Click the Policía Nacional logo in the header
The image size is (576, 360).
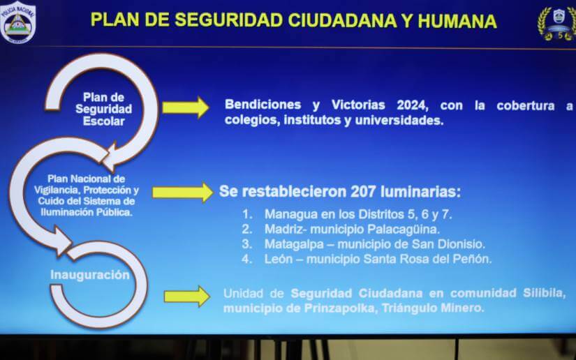[17, 22]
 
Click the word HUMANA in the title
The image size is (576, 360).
[457, 20]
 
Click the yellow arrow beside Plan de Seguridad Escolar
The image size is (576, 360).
[186, 107]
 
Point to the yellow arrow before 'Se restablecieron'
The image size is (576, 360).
[182, 193]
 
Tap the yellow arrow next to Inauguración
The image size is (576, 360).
[187, 296]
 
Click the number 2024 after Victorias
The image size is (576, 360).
[412, 105]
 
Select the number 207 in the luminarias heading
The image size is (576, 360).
[363, 191]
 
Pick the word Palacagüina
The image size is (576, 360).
[404, 230]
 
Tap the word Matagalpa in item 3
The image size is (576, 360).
[294, 244]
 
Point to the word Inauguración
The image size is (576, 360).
[90, 275]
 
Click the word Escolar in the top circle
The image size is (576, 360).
[103, 121]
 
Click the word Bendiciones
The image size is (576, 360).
[263, 105]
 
